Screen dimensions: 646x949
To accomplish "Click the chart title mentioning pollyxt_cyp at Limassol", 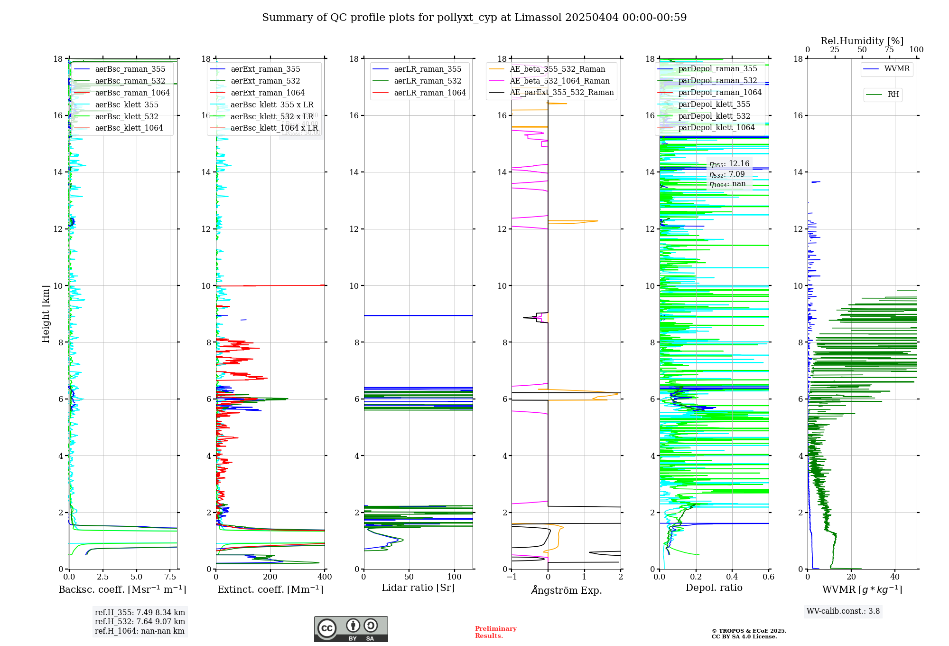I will coord(474,18).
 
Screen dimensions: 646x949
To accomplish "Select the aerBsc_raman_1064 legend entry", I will coord(132,93).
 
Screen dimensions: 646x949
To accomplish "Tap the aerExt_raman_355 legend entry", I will coord(265,69).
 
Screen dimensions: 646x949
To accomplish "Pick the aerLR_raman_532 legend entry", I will coord(428,81).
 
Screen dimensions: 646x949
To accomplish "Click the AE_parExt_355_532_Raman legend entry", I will coord(561,93).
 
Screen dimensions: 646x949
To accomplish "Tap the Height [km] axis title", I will coord(46,313).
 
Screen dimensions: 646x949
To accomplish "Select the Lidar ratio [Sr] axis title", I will coord(418,588).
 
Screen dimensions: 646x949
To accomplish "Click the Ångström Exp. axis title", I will coord(566,590).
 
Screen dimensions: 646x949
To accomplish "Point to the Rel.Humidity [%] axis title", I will coord(862,41).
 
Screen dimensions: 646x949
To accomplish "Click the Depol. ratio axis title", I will coord(714,588).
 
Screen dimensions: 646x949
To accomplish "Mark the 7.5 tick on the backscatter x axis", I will coord(170,577).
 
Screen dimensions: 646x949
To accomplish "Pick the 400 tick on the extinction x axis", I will coord(325,577).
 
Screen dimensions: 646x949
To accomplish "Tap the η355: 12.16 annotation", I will coord(729,164).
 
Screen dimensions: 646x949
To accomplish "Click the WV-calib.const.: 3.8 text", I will coord(843,611).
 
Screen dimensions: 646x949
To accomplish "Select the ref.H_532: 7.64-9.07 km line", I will coord(140,622).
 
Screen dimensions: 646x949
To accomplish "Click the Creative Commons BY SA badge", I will coord(351,629).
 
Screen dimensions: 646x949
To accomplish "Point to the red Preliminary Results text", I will coord(495,632).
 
